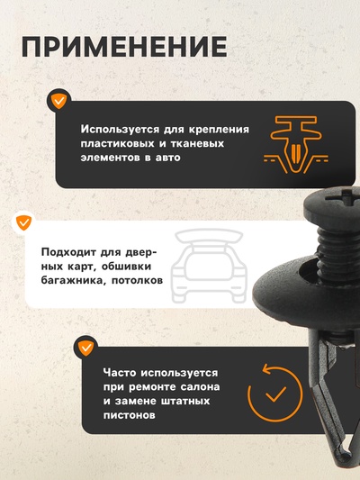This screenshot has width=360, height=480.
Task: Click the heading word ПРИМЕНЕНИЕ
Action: click(x=123, y=47)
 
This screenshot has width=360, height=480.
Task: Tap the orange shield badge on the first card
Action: click(x=58, y=100)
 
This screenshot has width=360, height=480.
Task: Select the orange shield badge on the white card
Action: click(x=22, y=222)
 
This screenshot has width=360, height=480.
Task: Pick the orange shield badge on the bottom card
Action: click(x=86, y=347)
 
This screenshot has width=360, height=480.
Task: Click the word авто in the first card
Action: click(x=166, y=158)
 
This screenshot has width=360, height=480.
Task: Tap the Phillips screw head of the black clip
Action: click(x=335, y=208)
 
